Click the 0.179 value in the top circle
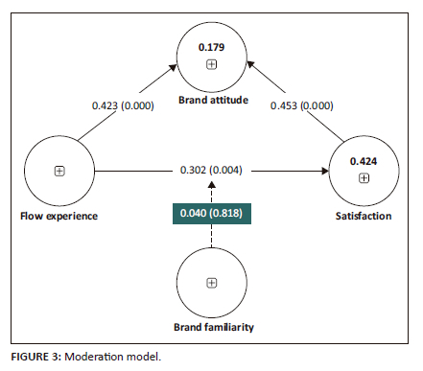(x=211, y=47)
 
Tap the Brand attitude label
(x=213, y=100)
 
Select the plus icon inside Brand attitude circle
(x=211, y=64)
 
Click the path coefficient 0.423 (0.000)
(x=123, y=105)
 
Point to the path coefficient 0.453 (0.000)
(x=302, y=105)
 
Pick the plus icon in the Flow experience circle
(x=59, y=171)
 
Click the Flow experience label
(x=59, y=216)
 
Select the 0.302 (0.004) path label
(x=211, y=170)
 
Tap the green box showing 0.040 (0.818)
(x=212, y=214)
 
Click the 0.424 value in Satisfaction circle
(x=364, y=161)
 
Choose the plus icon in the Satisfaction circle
(x=364, y=177)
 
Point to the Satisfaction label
(x=364, y=216)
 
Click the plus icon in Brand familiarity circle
(x=211, y=283)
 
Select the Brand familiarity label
(x=214, y=327)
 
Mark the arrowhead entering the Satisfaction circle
(x=325, y=171)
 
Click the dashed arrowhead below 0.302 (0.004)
(x=211, y=185)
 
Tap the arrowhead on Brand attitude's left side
(x=173, y=68)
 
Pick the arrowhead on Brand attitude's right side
(x=250, y=64)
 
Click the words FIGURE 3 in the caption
(x=35, y=357)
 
